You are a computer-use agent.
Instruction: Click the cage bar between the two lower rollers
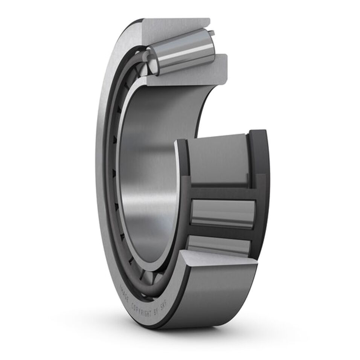[x=222, y=233]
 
